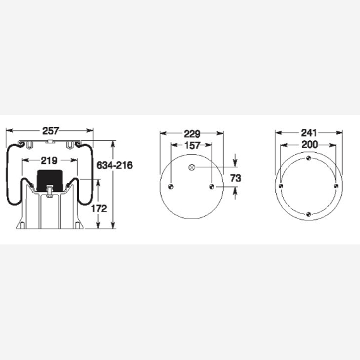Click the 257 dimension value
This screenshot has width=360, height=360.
[51, 131]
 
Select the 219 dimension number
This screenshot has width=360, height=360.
[49, 160]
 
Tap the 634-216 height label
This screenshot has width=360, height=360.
[114, 165]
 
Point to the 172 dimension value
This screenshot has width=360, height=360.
[99, 208]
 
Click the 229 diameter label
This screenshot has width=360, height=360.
[192, 134]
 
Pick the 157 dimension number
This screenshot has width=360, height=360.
[193, 145]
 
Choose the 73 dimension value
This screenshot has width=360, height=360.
[236, 178]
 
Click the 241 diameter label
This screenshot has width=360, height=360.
[309, 133]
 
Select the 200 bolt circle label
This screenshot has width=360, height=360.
[309, 145]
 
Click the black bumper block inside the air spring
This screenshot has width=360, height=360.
[50, 181]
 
